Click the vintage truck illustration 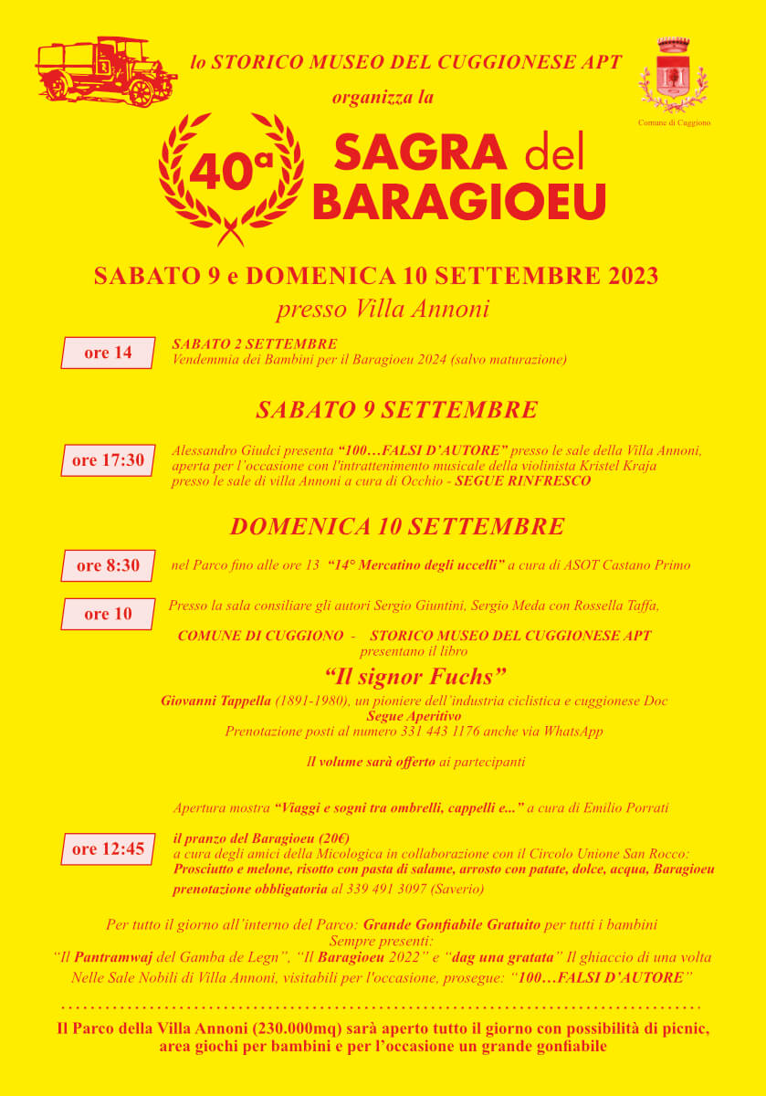(x=105, y=71)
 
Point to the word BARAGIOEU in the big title (x=459, y=201)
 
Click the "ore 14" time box (x=108, y=353)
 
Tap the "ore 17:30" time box (x=108, y=460)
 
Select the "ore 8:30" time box (x=108, y=565)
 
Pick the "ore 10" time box (x=108, y=614)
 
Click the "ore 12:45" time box (x=108, y=848)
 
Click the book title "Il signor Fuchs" (x=415, y=677)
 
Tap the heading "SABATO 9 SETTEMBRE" (x=396, y=409)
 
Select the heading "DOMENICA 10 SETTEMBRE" (x=396, y=526)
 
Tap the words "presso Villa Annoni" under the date (x=383, y=309)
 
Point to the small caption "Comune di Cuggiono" (x=674, y=122)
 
